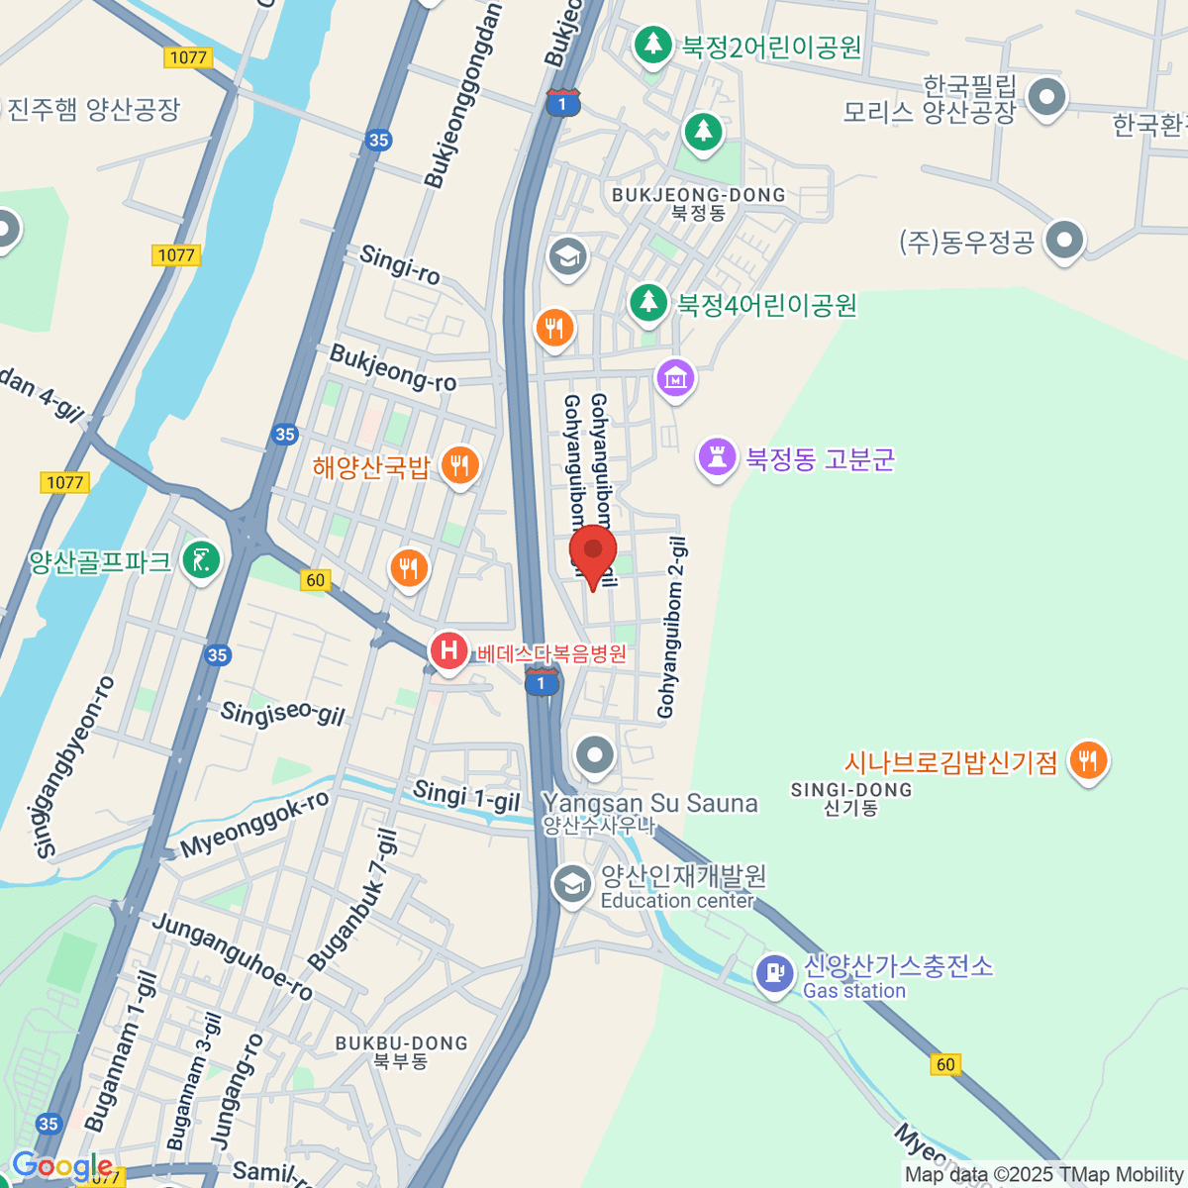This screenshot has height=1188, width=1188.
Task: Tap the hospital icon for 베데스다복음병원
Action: [x=448, y=651]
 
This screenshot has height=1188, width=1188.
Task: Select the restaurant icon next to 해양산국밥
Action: [x=459, y=464]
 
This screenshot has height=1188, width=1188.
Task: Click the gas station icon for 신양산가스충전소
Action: [x=774, y=973]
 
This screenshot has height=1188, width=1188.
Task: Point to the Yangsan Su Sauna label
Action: [x=650, y=804]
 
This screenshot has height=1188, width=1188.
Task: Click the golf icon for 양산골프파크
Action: [x=202, y=561]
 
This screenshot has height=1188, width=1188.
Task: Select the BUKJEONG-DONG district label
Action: [x=698, y=196]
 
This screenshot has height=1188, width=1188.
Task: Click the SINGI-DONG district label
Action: [x=851, y=790]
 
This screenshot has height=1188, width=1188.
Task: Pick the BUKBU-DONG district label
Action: [x=401, y=1043]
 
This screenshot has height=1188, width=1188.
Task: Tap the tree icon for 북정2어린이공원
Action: [x=652, y=45]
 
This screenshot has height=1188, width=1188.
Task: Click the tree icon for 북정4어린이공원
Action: [x=648, y=302]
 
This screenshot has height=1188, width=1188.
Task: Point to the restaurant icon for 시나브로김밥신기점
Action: [x=1088, y=761]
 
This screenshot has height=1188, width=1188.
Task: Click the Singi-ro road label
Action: [x=400, y=264]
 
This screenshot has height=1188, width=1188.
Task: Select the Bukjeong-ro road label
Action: [x=393, y=368]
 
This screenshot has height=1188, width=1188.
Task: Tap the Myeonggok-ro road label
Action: [x=254, y=826]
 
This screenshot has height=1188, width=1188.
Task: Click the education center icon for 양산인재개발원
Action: [x=571, y=883]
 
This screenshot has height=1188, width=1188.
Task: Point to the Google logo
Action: [x=61, y=1166]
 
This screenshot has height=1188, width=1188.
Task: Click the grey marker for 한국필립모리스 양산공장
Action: [x=1045, y=97]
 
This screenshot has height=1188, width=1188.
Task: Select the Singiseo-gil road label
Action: [x=282, y=714]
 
